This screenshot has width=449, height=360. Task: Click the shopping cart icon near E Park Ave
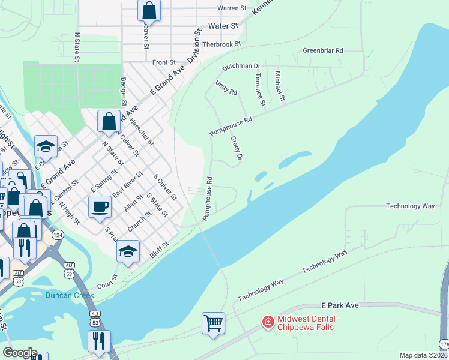click(x=213, y=323)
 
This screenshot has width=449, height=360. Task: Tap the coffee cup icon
click(x=100, y=206)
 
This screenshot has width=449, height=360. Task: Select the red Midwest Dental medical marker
click(x=267, y=323)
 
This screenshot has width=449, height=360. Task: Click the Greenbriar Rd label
click(x=323, y=51)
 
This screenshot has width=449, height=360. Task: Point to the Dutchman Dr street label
click(x=241, y=66)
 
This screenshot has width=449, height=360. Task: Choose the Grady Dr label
click(x=236, y=148)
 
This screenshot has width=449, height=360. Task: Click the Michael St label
click(x=279, y=85)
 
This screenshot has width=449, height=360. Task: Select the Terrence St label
click(x=260, y=89)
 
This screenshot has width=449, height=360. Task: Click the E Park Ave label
click(x=339, y=305)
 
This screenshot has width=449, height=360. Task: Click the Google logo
click(x=20, y=353)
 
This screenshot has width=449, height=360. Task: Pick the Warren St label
click(x=232, y=8)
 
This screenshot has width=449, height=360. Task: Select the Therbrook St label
click(x=221, y=44)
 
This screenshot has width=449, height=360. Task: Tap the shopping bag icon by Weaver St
click(x=149, y=10)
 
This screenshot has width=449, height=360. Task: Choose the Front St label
click(x=164, y=62)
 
